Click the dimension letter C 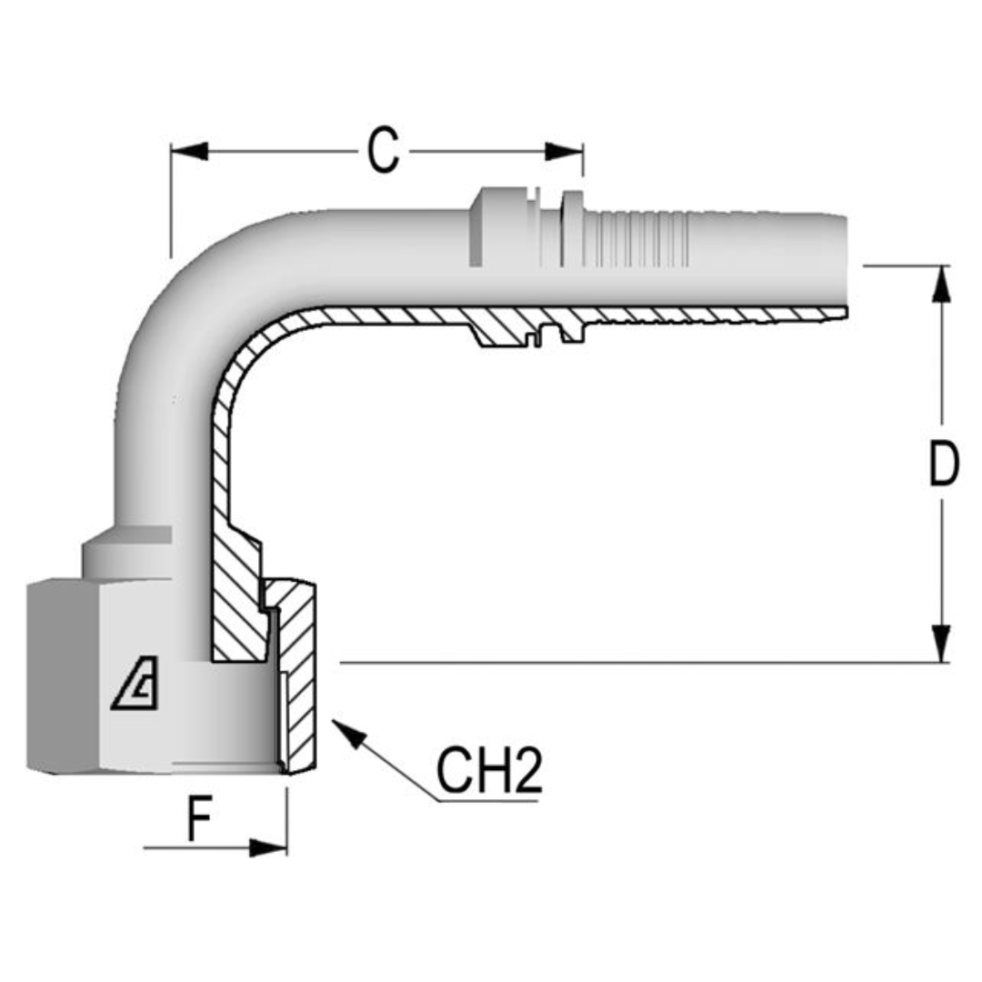coord(383,151)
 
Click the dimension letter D coord(943,465)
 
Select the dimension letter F coord(199,820)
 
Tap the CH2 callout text coord(489,772)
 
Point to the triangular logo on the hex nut coord(135,687)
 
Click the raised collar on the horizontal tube coord(496,227)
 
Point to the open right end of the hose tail coord(842,264)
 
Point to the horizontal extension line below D coord(636,663)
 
